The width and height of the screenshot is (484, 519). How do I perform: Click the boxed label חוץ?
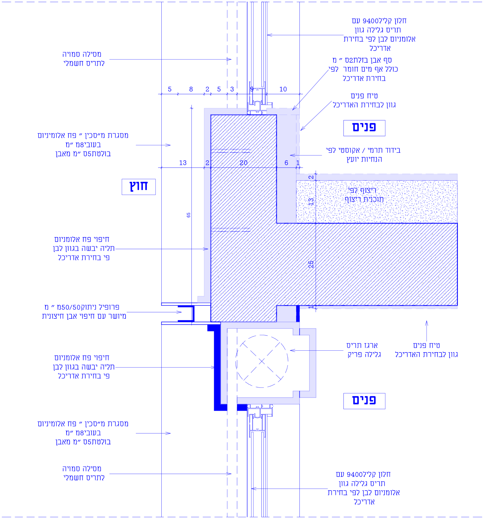coord(139,187)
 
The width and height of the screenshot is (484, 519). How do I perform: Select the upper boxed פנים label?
coord(364,128)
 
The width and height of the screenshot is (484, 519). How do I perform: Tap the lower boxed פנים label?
coord(364,401)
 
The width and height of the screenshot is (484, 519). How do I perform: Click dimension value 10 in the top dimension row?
coord(283,89)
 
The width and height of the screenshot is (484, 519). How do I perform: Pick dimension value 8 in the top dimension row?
coord(191,89)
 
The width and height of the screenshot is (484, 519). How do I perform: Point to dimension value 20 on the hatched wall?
coord(243,163)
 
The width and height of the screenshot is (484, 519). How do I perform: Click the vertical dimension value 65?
coord(188,215)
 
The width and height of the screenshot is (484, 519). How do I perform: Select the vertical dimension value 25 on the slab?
coord(311,264)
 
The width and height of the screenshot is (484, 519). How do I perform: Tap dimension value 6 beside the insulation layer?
coord(286,163)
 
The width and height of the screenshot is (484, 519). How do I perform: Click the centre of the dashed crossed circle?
coord(262,361)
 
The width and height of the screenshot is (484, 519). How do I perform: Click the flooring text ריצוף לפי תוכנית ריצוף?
coord(364,195)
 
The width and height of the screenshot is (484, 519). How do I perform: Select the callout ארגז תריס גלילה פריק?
coord(364,350)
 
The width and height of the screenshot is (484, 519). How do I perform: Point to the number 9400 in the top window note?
coord(371,21)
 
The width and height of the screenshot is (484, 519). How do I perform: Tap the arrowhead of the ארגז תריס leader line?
coord(291,351)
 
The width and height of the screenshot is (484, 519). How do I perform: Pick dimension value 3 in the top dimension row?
coord(232,89)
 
